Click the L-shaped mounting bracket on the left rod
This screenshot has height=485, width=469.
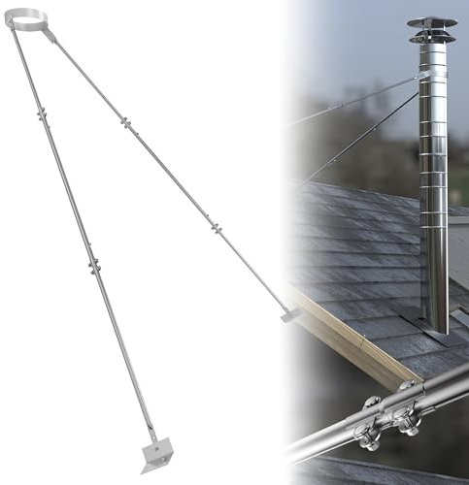(155, 451)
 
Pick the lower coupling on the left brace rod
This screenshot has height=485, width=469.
(94, 264)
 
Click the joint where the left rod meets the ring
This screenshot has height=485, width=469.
(15, 29)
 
